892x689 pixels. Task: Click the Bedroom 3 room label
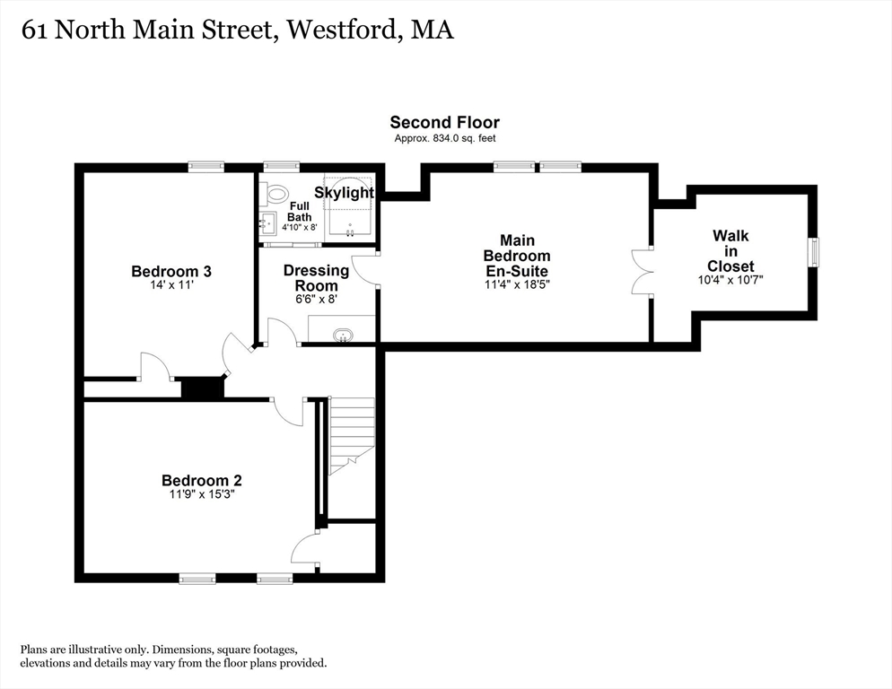point(171,272)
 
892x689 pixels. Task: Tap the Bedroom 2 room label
point(202,481)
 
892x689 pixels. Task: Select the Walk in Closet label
point(730,251)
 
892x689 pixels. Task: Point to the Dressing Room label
point(316,277)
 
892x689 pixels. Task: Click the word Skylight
point(345,192)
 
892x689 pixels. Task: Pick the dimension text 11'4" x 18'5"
point(517,283)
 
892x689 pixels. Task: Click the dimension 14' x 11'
point(171,284)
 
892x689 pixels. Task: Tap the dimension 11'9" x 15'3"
point(202,493)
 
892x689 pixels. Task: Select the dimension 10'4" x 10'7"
point(730,280)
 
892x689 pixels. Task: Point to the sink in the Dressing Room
point(343,336)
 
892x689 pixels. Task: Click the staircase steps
point(352,435)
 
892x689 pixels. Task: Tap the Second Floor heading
point(445,122)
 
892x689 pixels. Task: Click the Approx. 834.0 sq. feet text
point(445,138)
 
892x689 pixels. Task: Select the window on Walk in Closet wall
point(815,251)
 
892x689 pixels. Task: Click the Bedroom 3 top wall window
point(206,167)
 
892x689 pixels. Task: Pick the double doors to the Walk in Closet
point(643,272)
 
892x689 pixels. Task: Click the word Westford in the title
point(340,30)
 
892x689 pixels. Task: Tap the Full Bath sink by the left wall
point(267,222)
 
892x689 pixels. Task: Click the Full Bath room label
point(299,211)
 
